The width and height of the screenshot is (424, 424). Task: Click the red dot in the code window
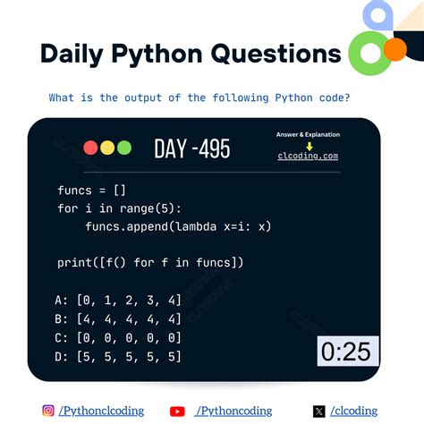coord(90,148)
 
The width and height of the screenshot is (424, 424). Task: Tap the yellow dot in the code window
coord(106,148)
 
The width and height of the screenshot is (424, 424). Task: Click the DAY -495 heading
coord(191,148)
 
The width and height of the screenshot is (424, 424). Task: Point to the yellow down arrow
coord(309,146)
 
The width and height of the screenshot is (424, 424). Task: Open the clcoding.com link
coord(308,156)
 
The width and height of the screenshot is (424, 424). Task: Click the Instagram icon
coord(48,411)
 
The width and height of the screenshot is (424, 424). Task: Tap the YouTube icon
coord(177,411)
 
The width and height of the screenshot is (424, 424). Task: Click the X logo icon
coord(319,411)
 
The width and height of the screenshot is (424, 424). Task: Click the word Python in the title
coord(157,54)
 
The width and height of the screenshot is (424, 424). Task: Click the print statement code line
coord(150,262)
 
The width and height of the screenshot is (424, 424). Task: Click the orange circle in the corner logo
coord(394,51)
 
